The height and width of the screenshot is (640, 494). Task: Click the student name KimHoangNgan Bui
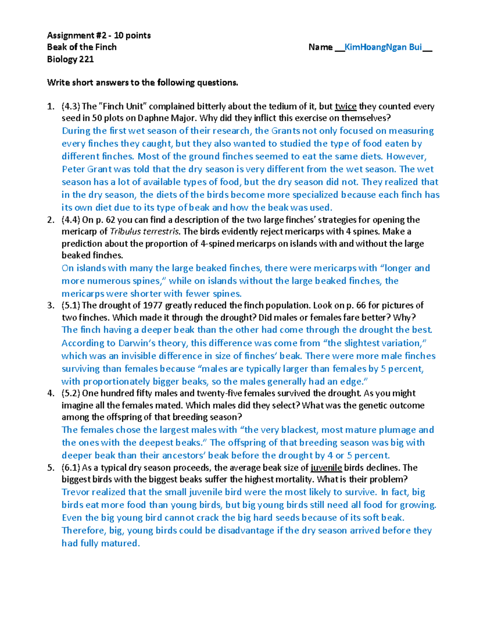click(383, 47)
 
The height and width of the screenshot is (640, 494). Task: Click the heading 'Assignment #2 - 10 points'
click(99, 35)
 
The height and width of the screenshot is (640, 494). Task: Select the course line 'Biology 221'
click(70, 59)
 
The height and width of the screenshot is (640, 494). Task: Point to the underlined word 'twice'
click(345, 107)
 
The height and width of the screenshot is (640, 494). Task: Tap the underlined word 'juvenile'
click(326, 468)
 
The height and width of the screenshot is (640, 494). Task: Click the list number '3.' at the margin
click(51, 305)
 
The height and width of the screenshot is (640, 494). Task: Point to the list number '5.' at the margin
click(51, 468)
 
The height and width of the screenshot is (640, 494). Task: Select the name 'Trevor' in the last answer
click(75, 492)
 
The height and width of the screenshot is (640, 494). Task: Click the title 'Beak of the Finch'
click(82, 47)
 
